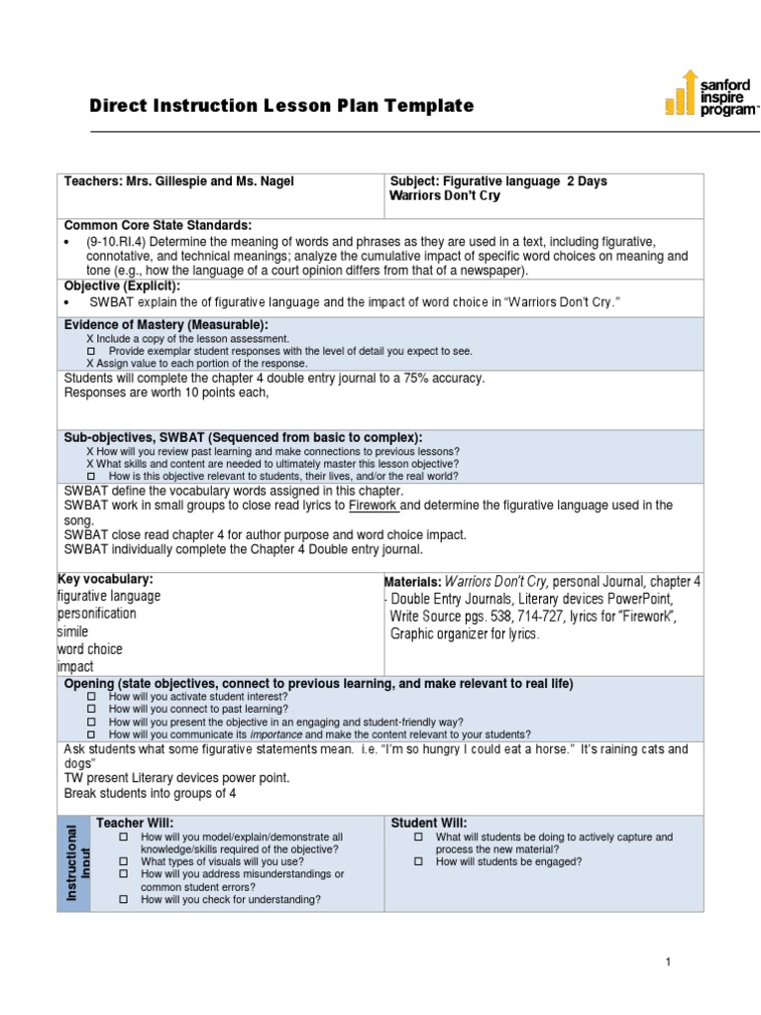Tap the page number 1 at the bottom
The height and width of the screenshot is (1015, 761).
[669, 962]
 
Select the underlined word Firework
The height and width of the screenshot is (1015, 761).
[373, 506]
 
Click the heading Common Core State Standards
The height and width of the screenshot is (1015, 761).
[158, 226]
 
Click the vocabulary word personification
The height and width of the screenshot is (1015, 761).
[97, 614]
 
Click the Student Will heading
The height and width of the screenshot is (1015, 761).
[429, 823]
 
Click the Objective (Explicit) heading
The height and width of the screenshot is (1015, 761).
[122, 285]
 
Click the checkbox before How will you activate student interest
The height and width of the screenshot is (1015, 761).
[92, 697]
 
